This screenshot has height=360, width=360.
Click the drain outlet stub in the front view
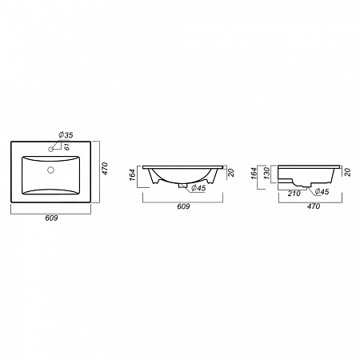[x=184, y=186]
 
